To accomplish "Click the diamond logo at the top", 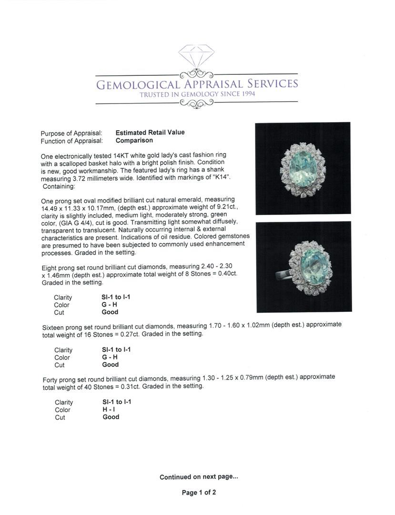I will [x=196, y=56].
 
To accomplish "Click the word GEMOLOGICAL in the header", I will [x=138, y=84].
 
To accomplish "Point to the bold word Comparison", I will [x=134, y=141].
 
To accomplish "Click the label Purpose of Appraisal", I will [x=71, y=133].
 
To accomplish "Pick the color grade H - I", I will [x=110, y=410].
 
